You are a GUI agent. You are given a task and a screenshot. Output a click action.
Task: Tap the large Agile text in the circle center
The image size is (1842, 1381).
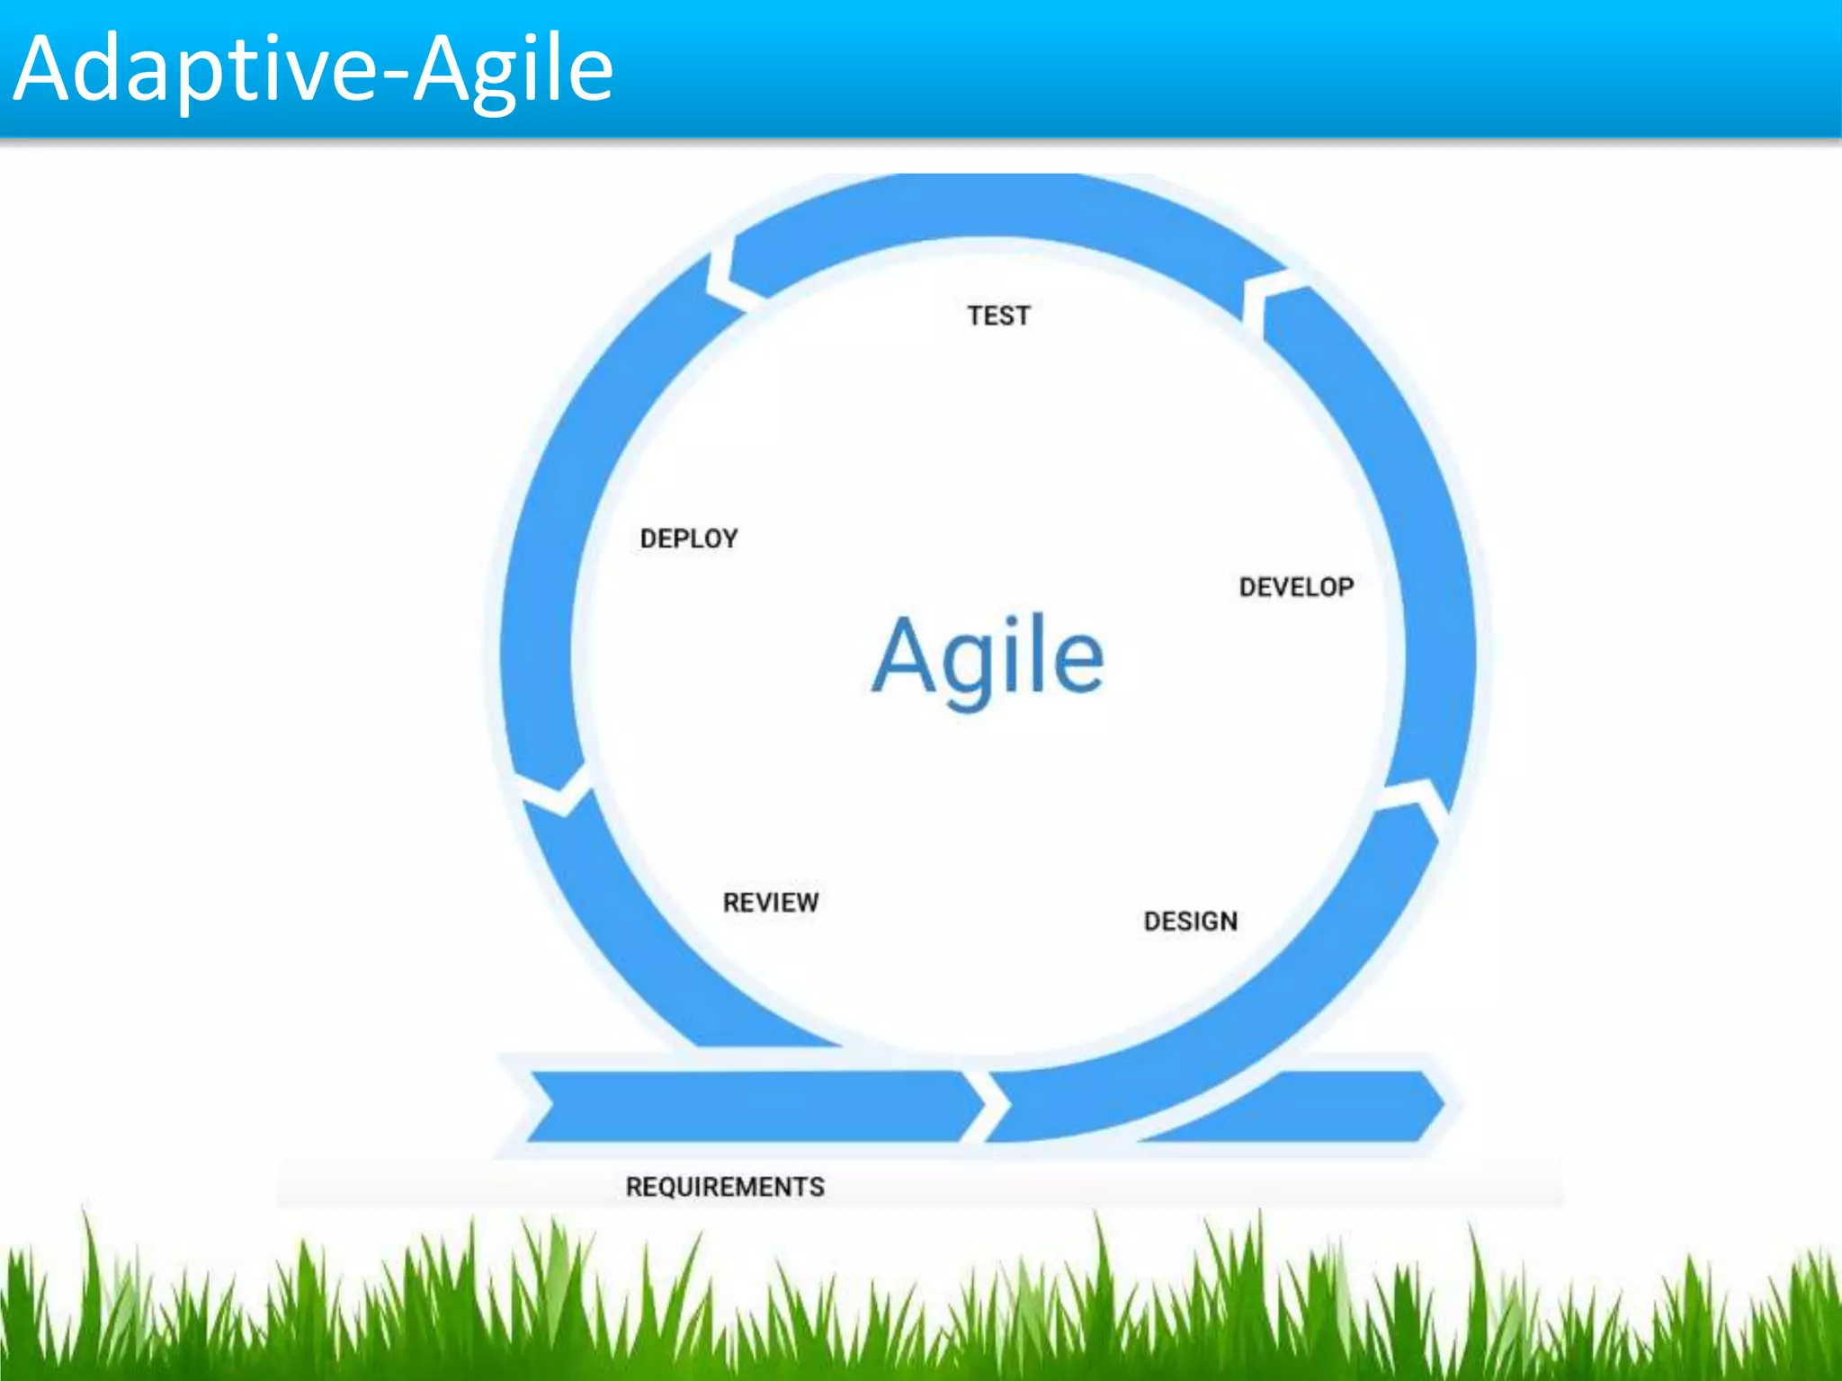(988, 656)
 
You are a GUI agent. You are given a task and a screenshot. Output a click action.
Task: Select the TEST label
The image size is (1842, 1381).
(998, 316)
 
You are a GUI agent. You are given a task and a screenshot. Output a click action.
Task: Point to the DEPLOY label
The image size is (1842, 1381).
(689, 539)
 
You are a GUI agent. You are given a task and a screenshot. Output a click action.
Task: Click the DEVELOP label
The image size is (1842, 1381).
(1296, 587)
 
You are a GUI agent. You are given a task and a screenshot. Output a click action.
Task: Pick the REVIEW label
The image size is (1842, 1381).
(771, 902)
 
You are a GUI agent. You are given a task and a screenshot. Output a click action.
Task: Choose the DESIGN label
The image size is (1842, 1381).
(1190, 921)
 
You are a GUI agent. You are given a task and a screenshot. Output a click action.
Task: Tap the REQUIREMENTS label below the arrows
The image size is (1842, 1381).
(725, 1187)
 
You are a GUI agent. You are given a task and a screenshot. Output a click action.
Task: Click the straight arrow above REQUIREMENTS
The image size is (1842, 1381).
(747, 1106)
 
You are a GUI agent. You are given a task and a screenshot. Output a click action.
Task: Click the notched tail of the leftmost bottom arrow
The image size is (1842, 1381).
(545, 1105)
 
